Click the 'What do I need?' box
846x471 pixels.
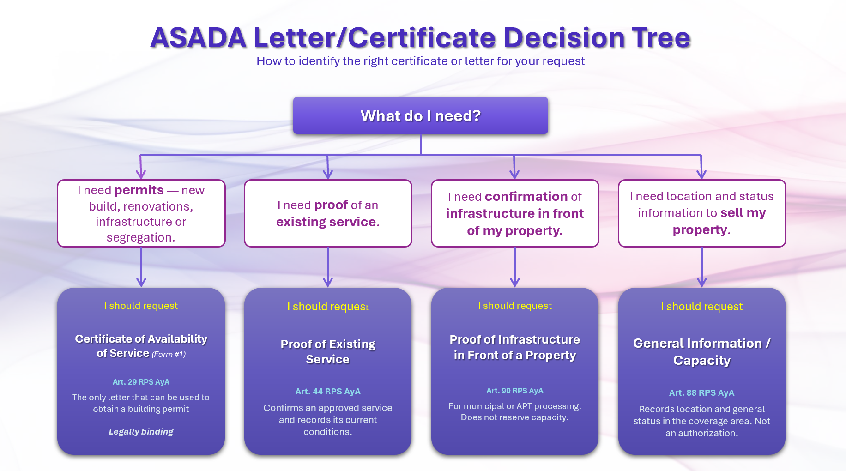click(420, 115)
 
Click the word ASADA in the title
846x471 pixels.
click(198, 37)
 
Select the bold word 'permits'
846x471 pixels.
click(139, 190)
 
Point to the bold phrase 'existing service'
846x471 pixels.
click(326, 222)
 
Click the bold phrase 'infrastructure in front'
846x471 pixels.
click(514, 213)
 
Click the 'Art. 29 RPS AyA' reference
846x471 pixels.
click(141, 382)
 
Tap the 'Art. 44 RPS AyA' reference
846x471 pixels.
click(328, 391)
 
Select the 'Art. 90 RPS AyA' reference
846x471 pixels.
click(514, 391)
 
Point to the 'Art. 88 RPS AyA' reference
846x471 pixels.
click(701, 392)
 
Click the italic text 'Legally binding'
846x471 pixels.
click(141, 431)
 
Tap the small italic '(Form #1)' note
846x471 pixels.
click(169, 354)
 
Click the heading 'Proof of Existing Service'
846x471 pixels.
click(328, 351)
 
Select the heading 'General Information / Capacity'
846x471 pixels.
click(701, 351)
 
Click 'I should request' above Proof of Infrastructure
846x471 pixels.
click(514, 306)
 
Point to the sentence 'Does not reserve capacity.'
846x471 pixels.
click(514, 417)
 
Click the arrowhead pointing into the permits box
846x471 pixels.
click(141, 174)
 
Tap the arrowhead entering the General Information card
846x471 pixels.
click(701, 282)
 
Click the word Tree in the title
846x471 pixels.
click(661, 37)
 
